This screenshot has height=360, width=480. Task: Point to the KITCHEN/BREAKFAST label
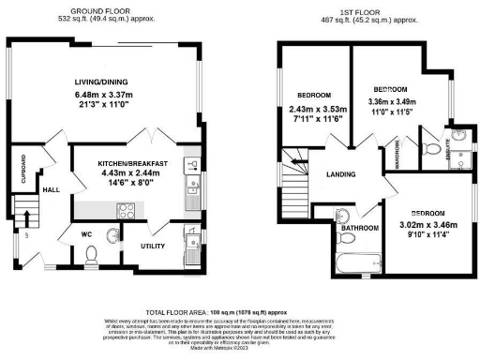click(133, 164)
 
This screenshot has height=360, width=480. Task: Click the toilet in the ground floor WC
click(91, 253)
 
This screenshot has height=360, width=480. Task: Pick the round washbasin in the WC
click(112, 235)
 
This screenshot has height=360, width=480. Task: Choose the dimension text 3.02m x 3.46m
click(427, 225)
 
